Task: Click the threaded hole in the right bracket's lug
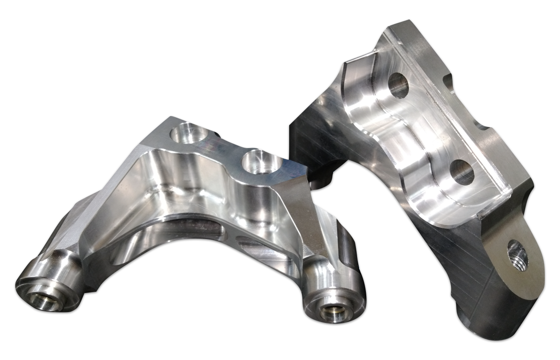pyautogui.click(x=518, y=256)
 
